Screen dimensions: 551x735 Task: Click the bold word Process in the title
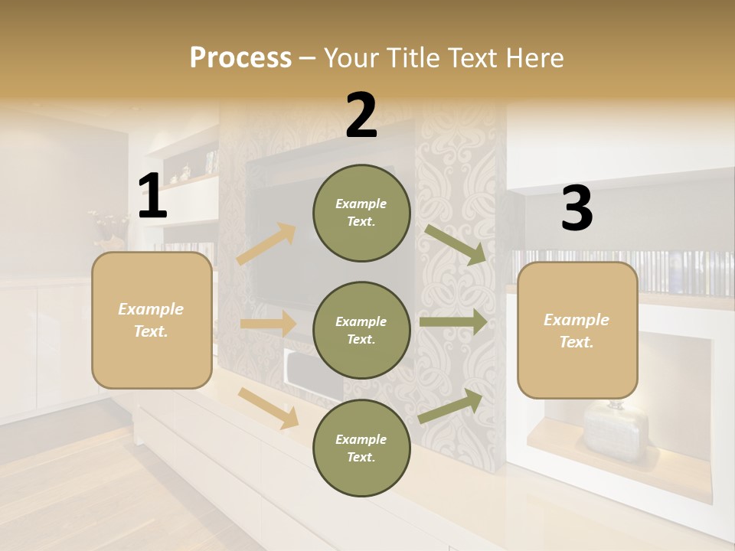240,57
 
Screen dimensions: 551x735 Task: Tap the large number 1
152,197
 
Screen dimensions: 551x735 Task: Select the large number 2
361,116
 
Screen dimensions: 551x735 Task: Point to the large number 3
577,209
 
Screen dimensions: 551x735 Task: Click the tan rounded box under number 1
152,320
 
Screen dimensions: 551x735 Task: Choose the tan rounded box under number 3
577,330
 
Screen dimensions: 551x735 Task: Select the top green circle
361,213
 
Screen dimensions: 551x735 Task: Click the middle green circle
361,330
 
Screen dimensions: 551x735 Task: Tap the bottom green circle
361,448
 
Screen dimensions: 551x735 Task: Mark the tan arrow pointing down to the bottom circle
269,407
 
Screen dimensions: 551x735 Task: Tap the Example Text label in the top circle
361,213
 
